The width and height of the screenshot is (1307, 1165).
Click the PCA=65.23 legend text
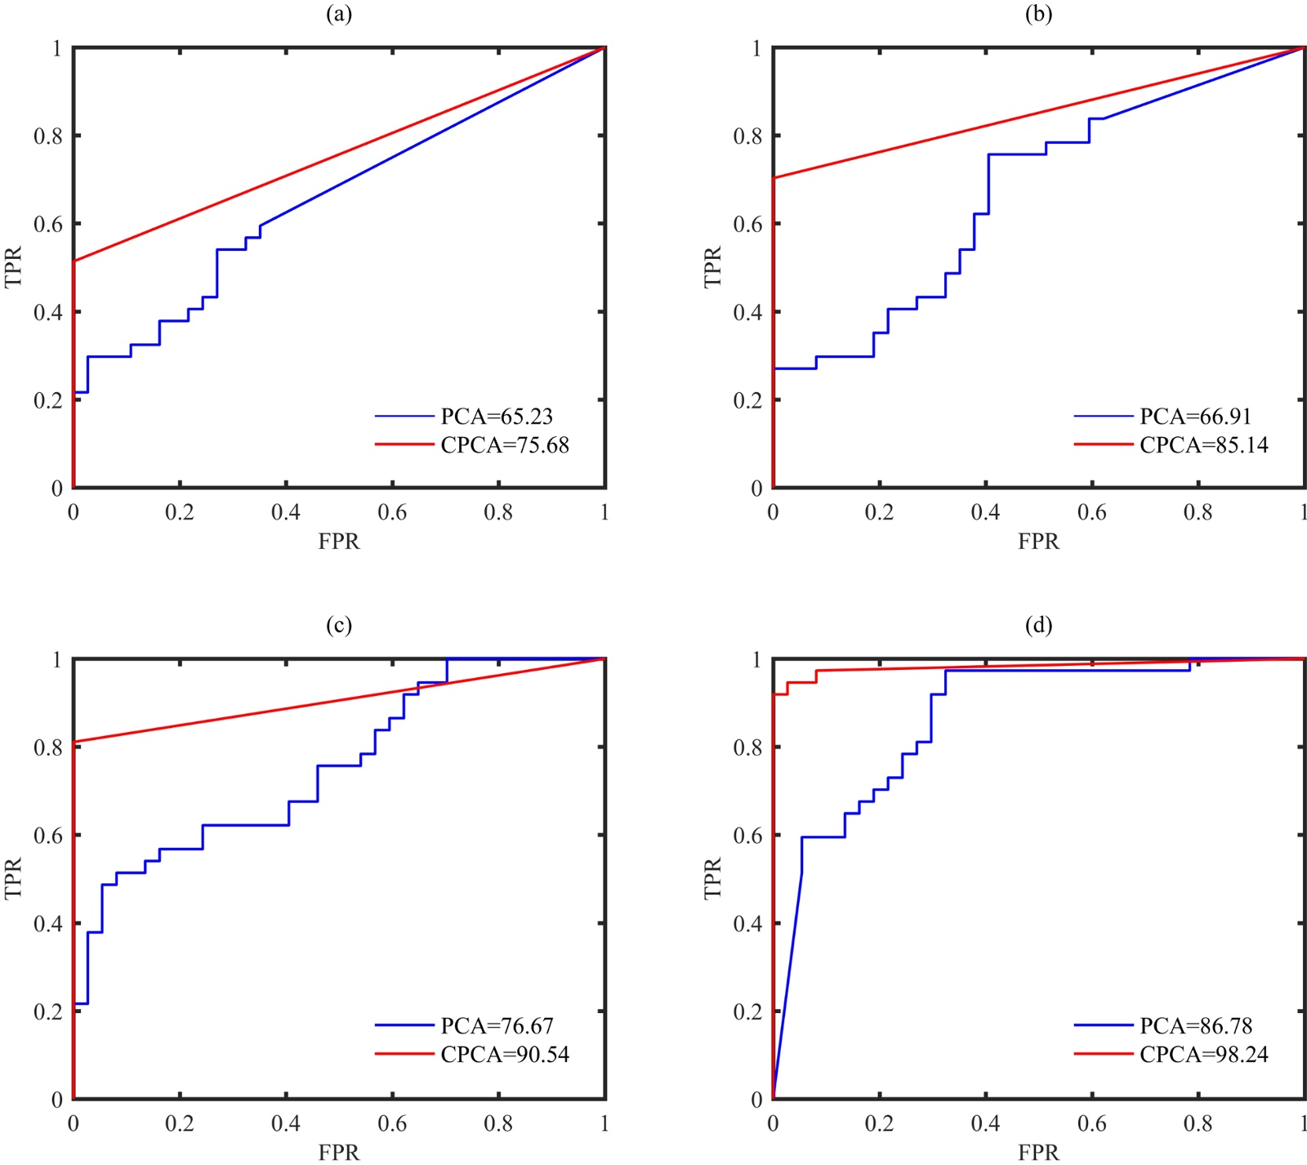(497, 417)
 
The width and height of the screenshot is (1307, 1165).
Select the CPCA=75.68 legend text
(505, 445)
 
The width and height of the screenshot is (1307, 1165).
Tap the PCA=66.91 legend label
(1196, 417)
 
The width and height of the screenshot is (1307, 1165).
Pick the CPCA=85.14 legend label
(1204, 445)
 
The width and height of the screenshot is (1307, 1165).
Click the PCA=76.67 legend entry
(497, 1026)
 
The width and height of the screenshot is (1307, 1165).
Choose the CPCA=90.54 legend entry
(505, 1055)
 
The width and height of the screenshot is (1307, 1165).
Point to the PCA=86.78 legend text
(1196, 1026)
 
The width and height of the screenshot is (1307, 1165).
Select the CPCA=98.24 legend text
(1204, 1055)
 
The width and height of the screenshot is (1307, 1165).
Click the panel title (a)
(339, 15)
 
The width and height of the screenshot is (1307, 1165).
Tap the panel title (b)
(1038, 15)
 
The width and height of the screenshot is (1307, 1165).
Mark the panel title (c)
(339, 625)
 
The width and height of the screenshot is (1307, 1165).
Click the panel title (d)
(1038, 625)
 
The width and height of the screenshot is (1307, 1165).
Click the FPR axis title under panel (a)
(339, 542)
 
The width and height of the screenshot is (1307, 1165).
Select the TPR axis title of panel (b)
(713, 267)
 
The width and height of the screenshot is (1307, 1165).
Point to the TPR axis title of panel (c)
(14, 878)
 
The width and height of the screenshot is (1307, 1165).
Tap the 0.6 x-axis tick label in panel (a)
(392, 512)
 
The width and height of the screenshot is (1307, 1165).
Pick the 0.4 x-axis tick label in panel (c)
(286, 1123)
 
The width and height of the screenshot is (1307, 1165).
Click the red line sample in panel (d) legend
(1104, 1055)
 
